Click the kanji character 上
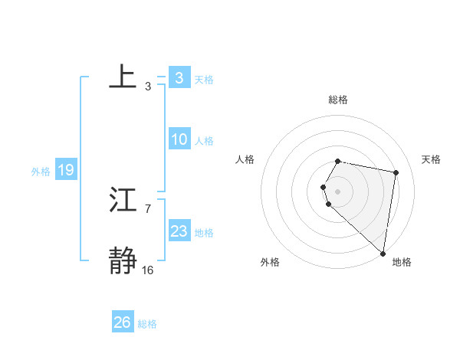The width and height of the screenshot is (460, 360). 123,77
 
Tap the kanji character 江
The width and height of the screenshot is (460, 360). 123,201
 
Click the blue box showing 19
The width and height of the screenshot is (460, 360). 65,170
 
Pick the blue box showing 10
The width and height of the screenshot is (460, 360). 179,139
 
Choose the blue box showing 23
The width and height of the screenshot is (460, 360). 179,231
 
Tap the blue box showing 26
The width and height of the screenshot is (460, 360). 123,322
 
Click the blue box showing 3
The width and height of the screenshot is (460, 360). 179,77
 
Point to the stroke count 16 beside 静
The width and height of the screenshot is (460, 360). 148,270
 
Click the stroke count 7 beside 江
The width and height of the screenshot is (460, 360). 148,208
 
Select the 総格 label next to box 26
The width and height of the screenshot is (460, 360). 147,324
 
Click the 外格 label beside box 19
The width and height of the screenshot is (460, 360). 41,172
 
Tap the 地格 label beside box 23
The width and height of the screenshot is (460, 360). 204,233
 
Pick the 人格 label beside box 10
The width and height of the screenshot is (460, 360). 204,141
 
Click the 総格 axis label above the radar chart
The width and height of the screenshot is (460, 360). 338,100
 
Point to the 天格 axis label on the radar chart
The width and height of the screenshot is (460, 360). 432,159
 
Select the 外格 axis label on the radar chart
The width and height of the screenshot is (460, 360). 270,262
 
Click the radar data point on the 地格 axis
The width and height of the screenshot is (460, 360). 383,254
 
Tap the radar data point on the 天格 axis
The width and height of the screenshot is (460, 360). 396,172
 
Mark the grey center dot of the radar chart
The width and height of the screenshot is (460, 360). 338,191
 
